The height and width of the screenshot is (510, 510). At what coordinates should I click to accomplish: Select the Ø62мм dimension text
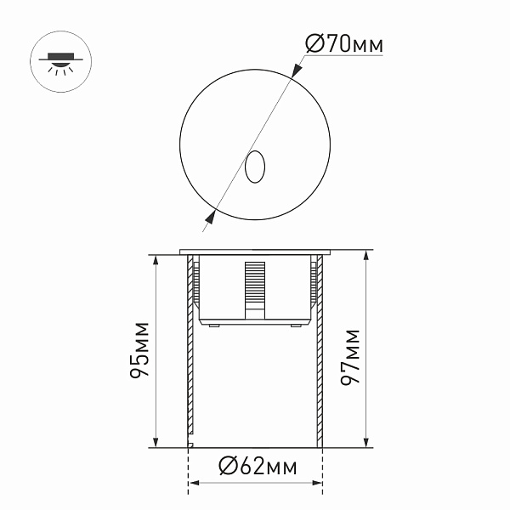pyautogui.click(x=257, y=467)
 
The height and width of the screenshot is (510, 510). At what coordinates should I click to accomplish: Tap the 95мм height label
pyautogui.click(x=142, y=348)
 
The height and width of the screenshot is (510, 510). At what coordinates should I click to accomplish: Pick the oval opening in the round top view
pyautogui.click(x=253, y=167)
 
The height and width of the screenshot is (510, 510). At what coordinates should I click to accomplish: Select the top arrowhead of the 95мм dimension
pyautogui.click(x=157, y=258)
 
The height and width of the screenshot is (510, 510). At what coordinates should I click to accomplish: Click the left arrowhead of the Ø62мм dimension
pyautogui.click(x=193, y=485)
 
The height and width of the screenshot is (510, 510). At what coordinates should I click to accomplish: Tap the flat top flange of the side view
pyautogui.click(x=255, y=252)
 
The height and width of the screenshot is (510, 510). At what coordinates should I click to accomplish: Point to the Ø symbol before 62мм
pyautogui.click(x=226, y=467)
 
